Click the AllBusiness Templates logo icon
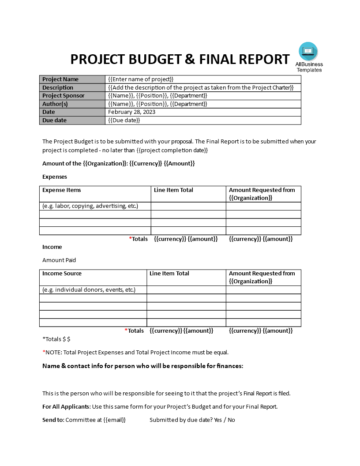click(x=308, y=51)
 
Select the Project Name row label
click(x=60, y=79)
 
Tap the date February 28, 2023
click(x=131, y=112)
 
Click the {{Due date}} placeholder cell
click(x=124, y=120)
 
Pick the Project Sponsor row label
click(x=63, y=96)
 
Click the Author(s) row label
click(x=56, y=104)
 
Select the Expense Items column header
click(x=62, y=190)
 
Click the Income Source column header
click(x=62, y=274)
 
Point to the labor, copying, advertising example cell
click(x=90, y=206)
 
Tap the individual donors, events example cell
click(x=89, y=290)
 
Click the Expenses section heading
click(x=55, y=177)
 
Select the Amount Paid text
click(x=59, y=260)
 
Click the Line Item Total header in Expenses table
click(x=173, y=190)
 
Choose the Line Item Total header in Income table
click(x=169, y=274)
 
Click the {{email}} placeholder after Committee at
click(x=114, y=420)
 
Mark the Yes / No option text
click(x=224, y=420)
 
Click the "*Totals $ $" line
click(x=56, y=339)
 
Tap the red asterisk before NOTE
click(x=44, y=352)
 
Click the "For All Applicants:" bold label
click(x=67, y=407)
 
